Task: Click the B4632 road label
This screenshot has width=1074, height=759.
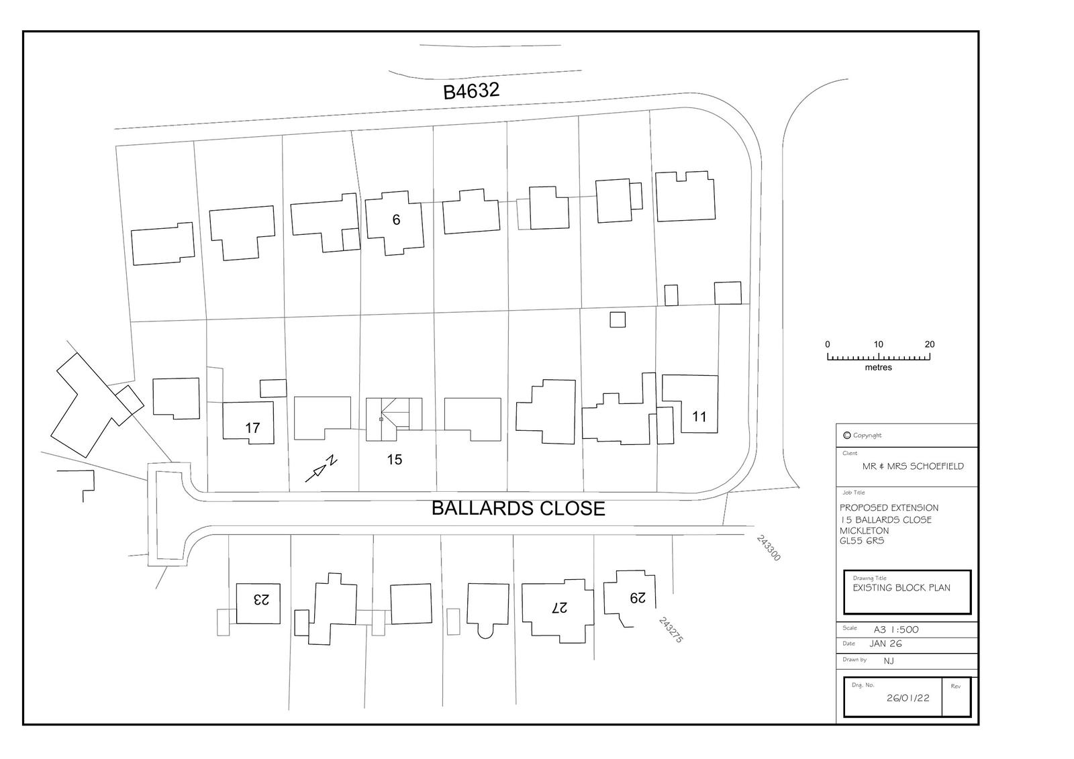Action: tap(471, 91)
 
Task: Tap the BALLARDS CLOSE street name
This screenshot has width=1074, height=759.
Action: tap(518, 508)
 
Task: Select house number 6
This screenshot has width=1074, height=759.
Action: tap(396, 219)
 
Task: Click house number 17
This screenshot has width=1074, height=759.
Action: tap(252, 427)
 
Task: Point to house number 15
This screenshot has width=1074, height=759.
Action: tap(394, 460)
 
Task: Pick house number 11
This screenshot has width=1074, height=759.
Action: tap(699, 417)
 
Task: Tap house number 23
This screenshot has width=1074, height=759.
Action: tap(261, 599)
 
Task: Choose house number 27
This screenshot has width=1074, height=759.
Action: tap(560, 608)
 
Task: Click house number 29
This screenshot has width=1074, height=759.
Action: tap(638, 598)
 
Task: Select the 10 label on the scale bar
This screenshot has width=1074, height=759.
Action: tap(878, 344)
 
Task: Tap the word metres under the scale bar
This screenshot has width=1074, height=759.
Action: tap(879, 367)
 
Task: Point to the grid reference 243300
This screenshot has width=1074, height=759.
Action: tap(769, 548)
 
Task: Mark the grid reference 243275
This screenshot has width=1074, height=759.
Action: tap(671, 629)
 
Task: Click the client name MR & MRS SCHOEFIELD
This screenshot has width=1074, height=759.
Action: tap(913, 466)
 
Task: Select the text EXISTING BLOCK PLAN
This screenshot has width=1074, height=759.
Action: tap(901, 588)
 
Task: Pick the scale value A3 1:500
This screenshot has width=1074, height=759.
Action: tap(896, 629)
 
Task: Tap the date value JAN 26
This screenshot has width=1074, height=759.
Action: tap(885, 644)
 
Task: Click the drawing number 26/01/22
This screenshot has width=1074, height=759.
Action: tap(908, 698)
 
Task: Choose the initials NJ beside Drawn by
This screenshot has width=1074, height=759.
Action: tap(889, 661)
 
